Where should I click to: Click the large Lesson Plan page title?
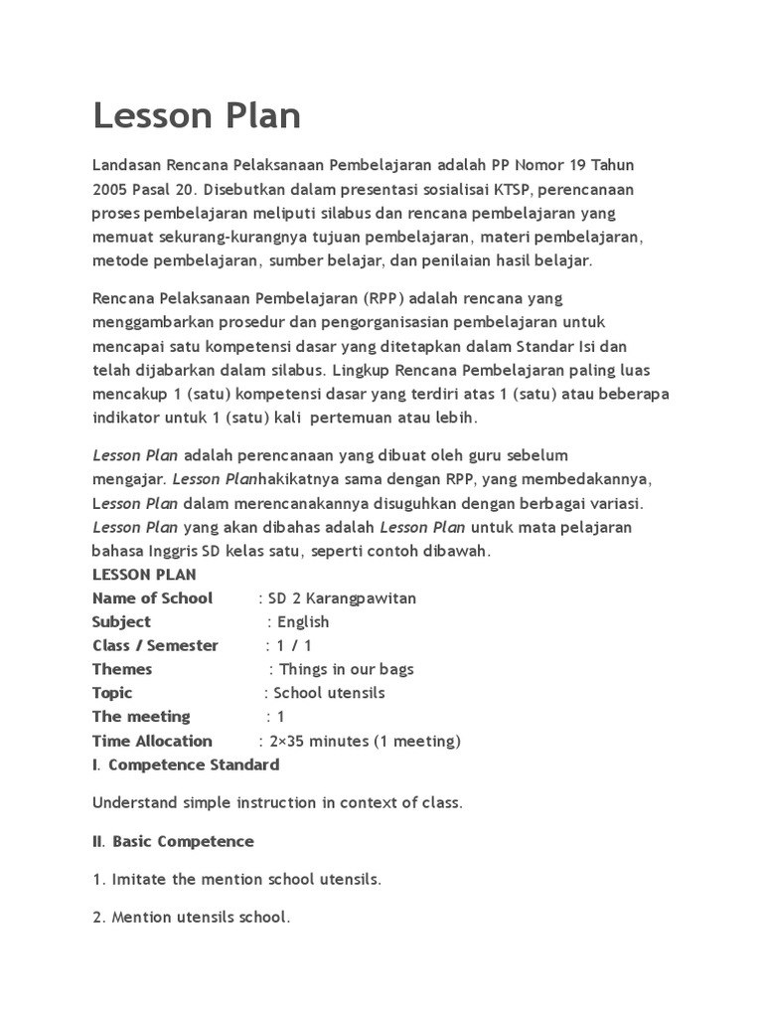coord(197,116)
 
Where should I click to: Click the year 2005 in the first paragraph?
coord(111,189)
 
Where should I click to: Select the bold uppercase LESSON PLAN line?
coord(144,575)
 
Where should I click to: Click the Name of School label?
coord(152,598)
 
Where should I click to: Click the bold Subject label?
coord(121,622)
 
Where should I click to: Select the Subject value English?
coord(303,622)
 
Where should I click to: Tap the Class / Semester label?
coord(155,646)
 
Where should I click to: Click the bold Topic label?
coord(112,693)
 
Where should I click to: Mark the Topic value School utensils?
coord(329,693)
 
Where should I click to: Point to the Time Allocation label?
coord(152,741)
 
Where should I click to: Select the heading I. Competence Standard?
coord(186,764)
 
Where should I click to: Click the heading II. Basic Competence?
coord(173,841)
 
